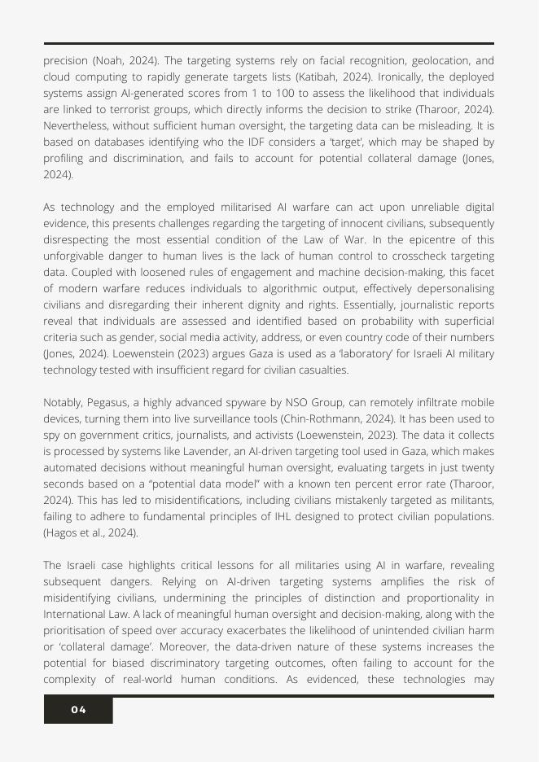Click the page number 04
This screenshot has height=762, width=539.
click(78, 710)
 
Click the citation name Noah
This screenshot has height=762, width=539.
click(110, 61)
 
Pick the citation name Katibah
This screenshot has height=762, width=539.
click(366, 77)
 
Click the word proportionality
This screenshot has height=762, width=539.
click(437, 598)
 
